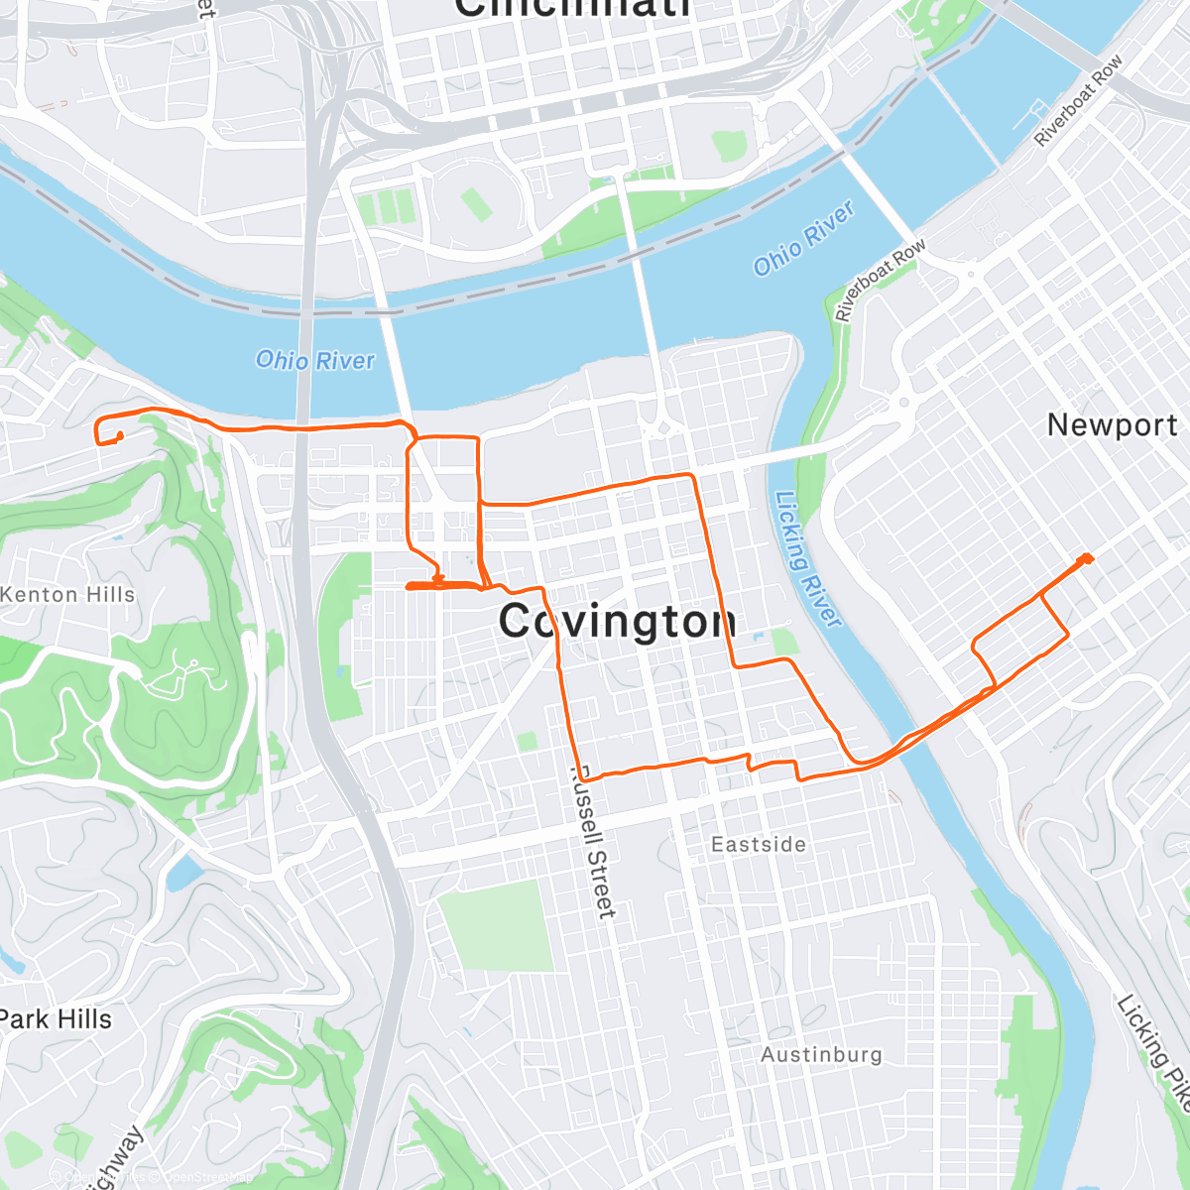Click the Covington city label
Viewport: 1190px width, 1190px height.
pos(617,622)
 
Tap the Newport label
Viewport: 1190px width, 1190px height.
pos(1112,425)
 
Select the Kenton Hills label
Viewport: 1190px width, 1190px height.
pos(67,595)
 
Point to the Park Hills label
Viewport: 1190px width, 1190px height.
pos(56,1019)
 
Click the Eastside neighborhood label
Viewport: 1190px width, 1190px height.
pos(759,845)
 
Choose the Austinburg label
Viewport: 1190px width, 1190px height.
pos(821,1055)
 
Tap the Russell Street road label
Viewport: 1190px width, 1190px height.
pos(593,843)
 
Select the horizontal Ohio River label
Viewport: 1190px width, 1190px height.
pos(315,360)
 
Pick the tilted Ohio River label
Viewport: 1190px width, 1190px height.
pos(803,239)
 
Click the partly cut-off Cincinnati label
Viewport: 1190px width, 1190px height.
pos(572,8)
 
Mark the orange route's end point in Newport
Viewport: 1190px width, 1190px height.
pos(1087,558)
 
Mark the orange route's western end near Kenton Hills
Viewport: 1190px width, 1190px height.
pos(119,436)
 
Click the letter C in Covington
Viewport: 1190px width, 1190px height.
pos(518,622)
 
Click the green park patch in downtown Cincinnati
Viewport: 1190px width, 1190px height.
pos(729,146)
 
